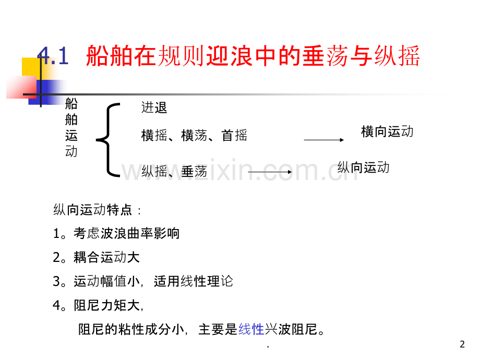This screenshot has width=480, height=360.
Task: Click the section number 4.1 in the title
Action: coord(53,56)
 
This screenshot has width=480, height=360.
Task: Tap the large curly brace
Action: coord(108,140)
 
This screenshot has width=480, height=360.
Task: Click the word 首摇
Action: coord(234,135)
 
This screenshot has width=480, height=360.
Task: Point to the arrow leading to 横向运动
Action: coord(324,140)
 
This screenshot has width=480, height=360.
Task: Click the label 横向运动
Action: coord(387,131)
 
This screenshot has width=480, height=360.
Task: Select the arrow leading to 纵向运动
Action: coord(270,172)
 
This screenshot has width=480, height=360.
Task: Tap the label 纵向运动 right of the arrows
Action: coord(363,167)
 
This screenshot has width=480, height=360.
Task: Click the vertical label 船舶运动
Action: coord(71,127)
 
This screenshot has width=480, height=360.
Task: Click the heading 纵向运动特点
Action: coord(92,210)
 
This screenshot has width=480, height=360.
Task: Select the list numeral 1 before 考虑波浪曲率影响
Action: coord(56,234)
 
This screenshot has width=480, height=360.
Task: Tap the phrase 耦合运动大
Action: coord(106,257)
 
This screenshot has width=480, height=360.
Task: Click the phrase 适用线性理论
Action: coord(194,281)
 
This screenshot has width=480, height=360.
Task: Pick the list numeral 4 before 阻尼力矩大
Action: coord(57,306)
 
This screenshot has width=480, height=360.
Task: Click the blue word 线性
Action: coord(251,329)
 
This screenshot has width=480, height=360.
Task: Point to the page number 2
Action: coord(462,344)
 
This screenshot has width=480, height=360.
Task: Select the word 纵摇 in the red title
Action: coord(397,56)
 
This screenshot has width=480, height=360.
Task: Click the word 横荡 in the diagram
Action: coord(194,135)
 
